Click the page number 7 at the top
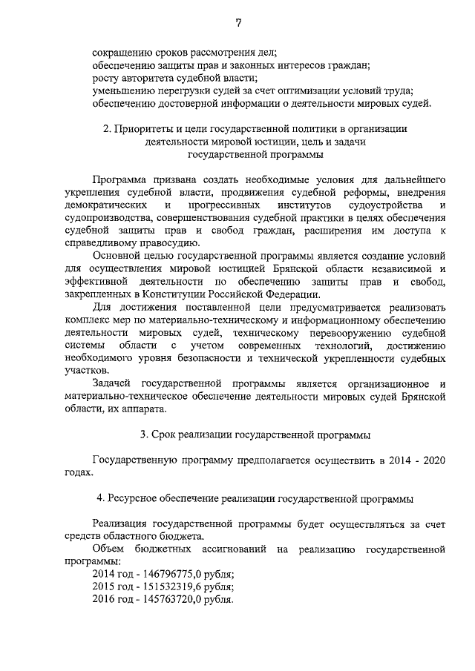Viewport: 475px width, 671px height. tap(238, 22)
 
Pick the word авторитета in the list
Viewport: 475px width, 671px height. tap(145, 78)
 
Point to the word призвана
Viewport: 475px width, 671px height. tap(169, 179)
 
